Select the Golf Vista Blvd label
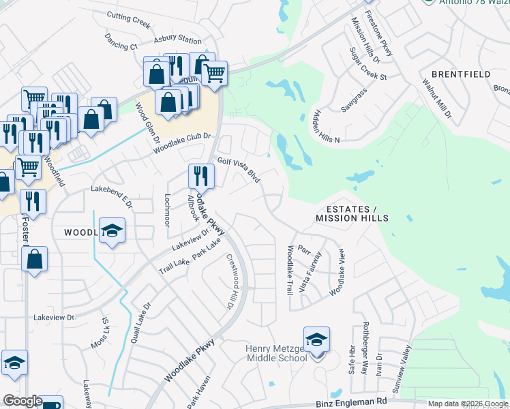(x=239, y=168)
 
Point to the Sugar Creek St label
(x=367, y=64)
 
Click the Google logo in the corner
(x=22, y=401)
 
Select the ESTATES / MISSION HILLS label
(x=352, y=213)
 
